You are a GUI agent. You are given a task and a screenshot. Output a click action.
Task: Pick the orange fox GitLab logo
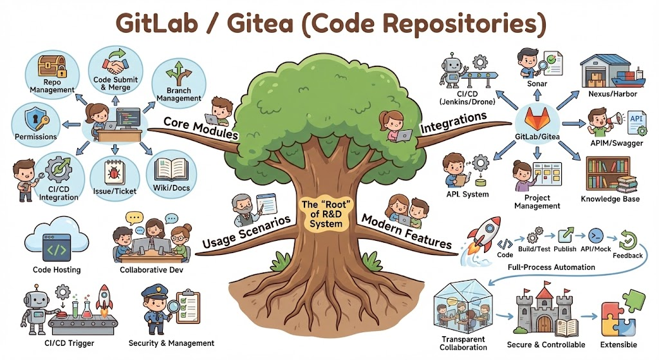pos(535,119)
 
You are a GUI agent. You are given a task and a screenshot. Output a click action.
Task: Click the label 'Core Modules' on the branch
pos(200,129)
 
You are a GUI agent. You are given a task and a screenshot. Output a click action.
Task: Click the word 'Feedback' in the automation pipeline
pos(627,256)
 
